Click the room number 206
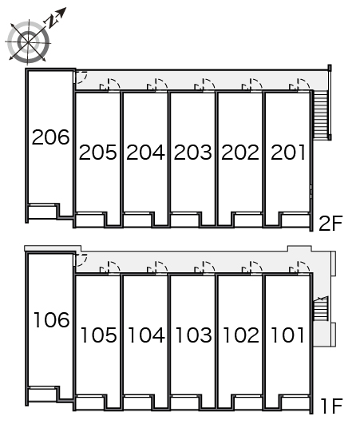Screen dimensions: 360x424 tap(50, 137)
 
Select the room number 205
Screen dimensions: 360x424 tap(98, 153)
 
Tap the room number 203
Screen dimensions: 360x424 tap(192, 153)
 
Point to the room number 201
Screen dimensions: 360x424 tap(288, 153)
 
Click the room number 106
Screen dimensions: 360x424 tap(51, 320)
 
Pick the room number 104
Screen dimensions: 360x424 tap(146, 335)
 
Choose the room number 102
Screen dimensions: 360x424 tap(241, 335)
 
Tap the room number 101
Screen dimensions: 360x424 tap(288, 335)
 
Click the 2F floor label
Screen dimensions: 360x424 tap(330, 224)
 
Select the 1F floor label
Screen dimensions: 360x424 tap(332, 406)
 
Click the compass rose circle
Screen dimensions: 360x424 tap(29, 42)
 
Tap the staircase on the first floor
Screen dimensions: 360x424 tap(321, 308)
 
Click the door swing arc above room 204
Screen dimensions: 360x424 tap(161, 84)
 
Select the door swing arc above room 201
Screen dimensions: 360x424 tap(303, 84)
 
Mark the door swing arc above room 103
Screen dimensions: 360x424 tap(208, 267)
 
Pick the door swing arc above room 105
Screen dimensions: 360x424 tap(114, 267)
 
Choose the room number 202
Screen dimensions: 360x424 tap(240, 153)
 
